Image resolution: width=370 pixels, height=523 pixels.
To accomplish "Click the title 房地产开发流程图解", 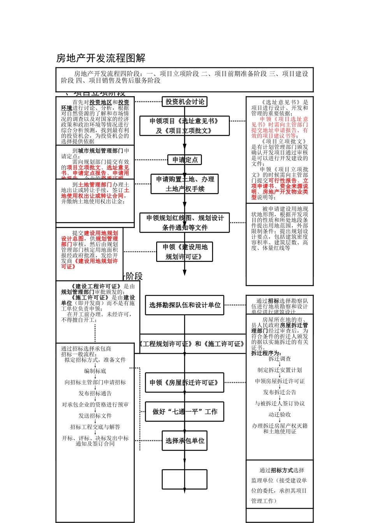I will (x=101, y=58).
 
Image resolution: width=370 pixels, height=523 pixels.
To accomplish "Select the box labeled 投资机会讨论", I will (x=185, y=102).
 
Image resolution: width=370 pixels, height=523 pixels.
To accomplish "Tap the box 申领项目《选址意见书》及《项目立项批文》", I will (x=185, y=126).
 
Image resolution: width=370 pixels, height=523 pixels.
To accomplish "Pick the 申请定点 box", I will (x=185, y=160).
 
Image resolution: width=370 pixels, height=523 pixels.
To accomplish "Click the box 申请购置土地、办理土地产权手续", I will (x=185, y=184).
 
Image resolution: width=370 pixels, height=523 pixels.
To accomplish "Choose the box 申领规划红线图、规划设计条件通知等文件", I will (x=185, y=223).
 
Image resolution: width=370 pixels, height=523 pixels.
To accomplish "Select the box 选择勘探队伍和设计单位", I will (x=185, y=305).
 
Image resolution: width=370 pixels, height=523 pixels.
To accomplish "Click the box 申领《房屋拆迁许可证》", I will (x=185, y=383).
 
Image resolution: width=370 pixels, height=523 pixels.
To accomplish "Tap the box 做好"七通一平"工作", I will (x=185, y=412).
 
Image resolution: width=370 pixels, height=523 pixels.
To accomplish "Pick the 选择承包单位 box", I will (x=185, y=441).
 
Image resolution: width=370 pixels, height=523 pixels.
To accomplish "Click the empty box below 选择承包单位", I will (x=185, y=479).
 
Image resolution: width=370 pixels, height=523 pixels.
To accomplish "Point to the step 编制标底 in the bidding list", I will (x=95, y=371).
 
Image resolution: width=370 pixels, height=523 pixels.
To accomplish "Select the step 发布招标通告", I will (x=95, y=393).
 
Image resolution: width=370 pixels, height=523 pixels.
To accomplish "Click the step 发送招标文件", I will (x=95, y=416).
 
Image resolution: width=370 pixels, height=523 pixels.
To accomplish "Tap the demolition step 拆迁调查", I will (x=280, y=359).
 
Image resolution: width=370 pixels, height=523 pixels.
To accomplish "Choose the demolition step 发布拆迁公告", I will (x=280, y=392).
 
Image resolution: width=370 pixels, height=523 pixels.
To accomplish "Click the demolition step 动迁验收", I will (x=280, y=414).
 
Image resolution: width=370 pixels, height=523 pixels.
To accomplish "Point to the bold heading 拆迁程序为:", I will (x=266, y=353).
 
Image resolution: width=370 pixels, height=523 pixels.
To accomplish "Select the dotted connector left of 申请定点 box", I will (x=151, y=160).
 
